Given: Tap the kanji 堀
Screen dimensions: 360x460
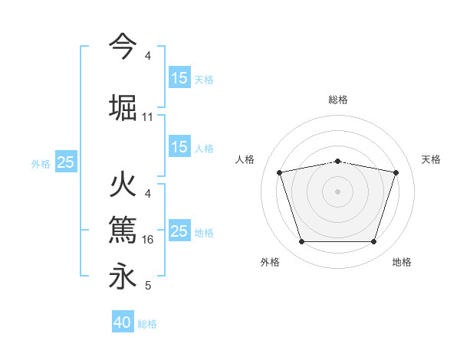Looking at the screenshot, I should coord(123,108).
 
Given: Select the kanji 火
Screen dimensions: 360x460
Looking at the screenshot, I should coord(123,186).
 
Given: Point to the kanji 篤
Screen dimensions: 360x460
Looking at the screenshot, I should coord(123,231).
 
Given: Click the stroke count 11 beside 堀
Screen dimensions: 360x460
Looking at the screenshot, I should coord(148,117).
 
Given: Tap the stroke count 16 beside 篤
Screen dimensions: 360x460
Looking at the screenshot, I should coord(148,240).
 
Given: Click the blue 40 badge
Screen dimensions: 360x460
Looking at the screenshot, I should coord(123,322).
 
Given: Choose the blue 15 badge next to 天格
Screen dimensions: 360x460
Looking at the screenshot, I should coord(179,78).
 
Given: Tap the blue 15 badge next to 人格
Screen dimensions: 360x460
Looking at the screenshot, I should coord(179,148).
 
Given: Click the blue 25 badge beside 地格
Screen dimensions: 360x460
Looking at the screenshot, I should coord(179,231).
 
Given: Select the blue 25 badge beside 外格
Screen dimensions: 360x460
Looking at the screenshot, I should coord(66,162).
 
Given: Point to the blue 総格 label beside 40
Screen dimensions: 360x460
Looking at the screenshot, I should coord(147,324).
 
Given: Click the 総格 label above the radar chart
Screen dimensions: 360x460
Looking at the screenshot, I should coord(337,100).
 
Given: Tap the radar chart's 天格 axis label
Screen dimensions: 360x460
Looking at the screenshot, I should coord(431,159).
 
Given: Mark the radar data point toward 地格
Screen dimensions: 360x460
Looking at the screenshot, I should coord(373,242).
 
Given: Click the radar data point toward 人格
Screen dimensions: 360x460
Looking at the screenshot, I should coord(279,172).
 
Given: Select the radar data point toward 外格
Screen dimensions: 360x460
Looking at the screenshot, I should coord(301,242).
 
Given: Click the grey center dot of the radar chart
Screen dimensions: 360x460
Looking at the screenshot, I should coord(337,191).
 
